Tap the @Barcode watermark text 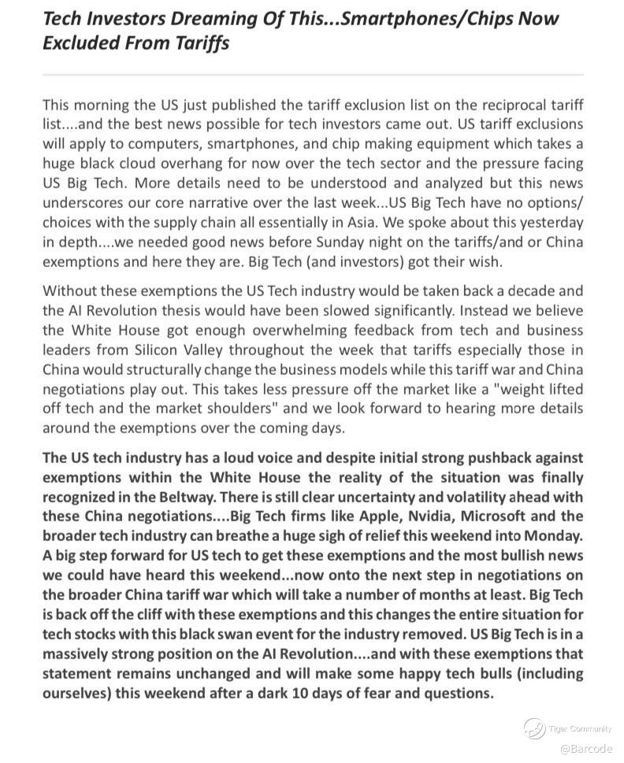pos(586,749)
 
